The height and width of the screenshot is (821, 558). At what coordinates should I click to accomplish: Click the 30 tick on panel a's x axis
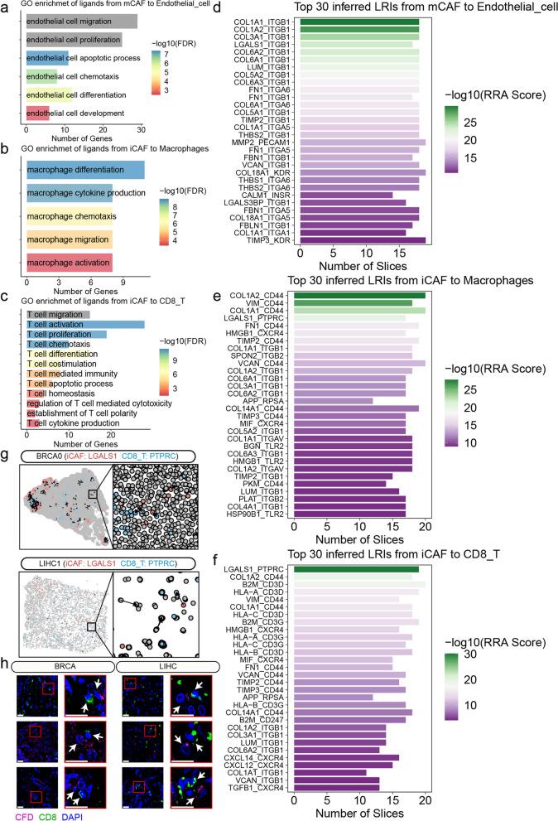click(x=141, y=129)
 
